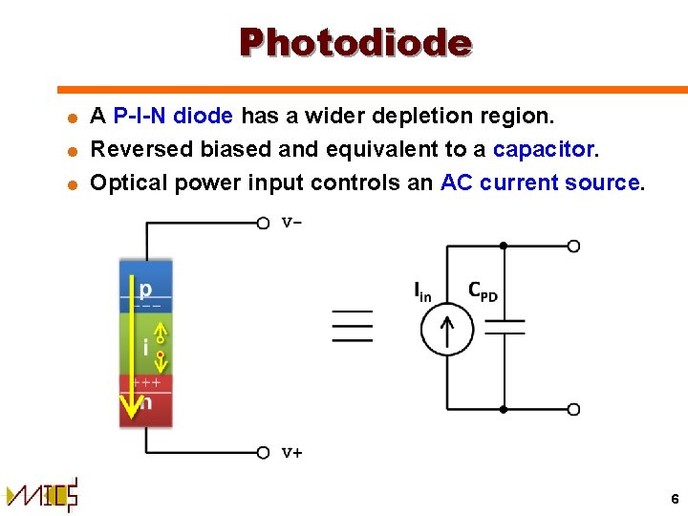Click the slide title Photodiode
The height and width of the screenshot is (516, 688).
point(355,43)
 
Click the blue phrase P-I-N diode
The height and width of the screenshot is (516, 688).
point(173,117)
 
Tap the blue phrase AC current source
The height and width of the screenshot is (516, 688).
point(540,183)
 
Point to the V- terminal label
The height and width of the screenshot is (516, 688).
point(292,223)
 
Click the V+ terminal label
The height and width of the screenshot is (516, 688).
point(292,453)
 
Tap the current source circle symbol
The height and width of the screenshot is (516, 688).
point(446,330)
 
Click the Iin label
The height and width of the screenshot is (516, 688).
point(422,290)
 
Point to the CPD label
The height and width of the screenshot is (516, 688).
point(483,290)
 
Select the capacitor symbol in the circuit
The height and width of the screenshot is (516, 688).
point(504,327)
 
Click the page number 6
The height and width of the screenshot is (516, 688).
point(675,499)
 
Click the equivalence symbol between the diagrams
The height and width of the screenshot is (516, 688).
point(352,326)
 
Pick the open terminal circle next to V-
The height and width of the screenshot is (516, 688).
point(264,223)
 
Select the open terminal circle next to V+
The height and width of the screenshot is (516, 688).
point(264,452)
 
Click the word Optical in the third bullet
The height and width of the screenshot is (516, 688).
point(126,183)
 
